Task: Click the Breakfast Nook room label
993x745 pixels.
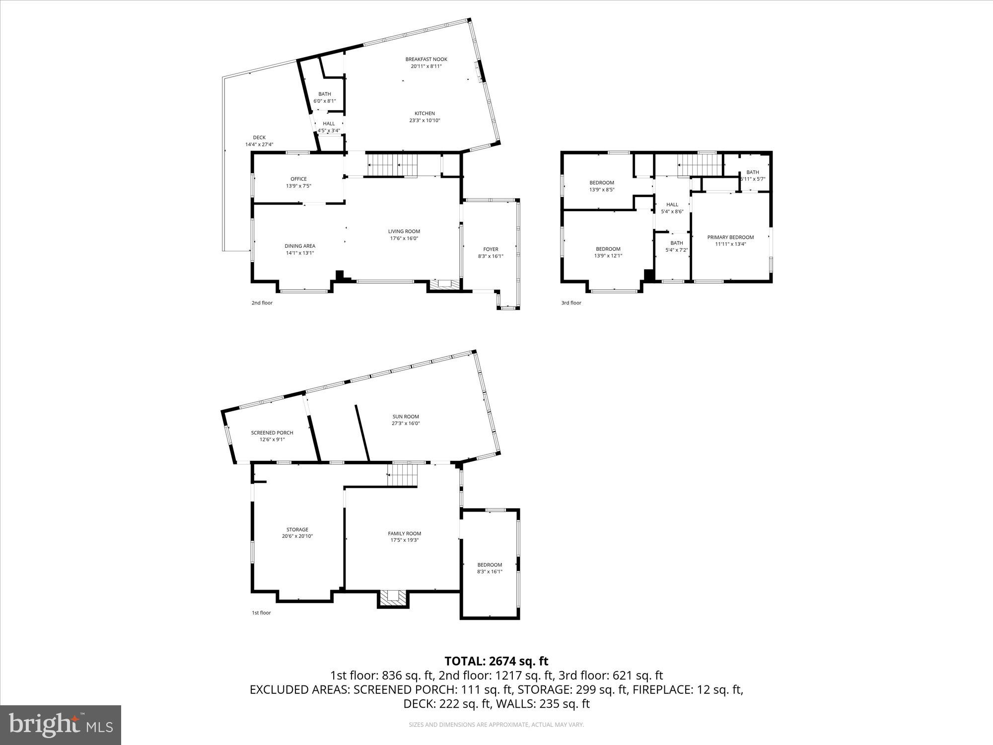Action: pyautogui.click(x=426, y=60)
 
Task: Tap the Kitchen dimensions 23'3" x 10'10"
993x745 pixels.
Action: pyautogui.click(x=425, y=121)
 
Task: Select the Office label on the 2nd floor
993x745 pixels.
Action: pyautogui.click(x=298, y=179)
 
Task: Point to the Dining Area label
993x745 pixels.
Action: pyautogui.click(x=300, y=246)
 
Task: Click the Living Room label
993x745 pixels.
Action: pyautogui.click(x=404, y=231)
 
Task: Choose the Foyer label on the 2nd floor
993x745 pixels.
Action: pyautogui.click(x=491, y=249)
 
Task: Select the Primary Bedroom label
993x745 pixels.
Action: pyautogui.click(x=730, y=237)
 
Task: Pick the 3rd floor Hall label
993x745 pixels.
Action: pyautogui.click(x=672, y=205)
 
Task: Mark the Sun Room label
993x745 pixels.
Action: pyautogui.click(x=406, y=417)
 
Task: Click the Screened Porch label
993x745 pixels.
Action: pyautogui.click(x=272, y=433)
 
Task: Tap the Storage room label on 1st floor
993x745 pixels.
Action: pyautogui.click(x=297, y=529)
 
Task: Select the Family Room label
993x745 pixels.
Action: pyautogui.click(x=405, y=533)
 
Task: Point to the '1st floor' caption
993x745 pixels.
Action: pyautogui.click(x=261, y=613)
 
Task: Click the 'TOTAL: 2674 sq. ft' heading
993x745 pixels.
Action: pyautogui.click(x=496, y=661)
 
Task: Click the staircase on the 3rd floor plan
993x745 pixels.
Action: pyautogui.click(x=699, y=165)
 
